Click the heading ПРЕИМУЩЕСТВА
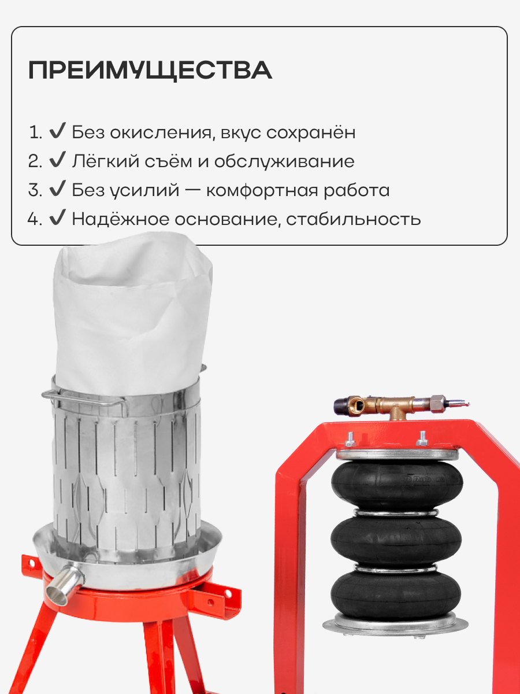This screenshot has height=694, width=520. tap(150, 70)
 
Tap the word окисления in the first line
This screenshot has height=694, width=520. tap(160, 132)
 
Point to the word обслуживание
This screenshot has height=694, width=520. tap(284, 161)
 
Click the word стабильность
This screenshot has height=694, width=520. tap(354, 219)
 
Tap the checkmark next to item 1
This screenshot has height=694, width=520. tap(57, 131)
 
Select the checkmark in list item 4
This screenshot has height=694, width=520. tap(57, 218)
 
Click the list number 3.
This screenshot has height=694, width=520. tap(35, 190)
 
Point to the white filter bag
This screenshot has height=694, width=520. tap(133, 313)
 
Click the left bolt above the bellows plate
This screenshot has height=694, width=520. tap(351, 439)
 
